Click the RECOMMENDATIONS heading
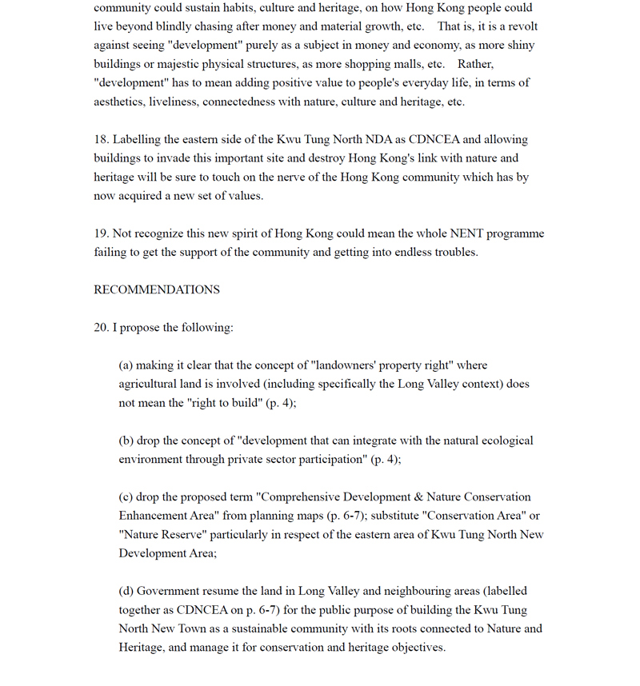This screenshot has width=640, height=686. [157, 289]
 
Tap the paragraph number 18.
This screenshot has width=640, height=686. [100, 139]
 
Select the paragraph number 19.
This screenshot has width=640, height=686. [100, 233]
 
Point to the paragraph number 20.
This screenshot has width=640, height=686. [100, 327]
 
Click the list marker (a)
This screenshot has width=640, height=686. [126, 365]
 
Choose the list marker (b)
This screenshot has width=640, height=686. [126, 441]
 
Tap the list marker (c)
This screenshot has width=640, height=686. [126, 497]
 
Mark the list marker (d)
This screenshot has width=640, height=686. [126, 591]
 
